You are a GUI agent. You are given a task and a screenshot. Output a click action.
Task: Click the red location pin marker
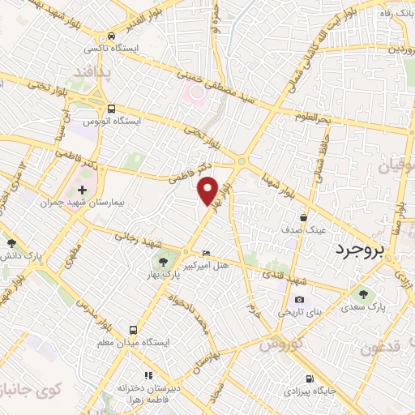[209, 189]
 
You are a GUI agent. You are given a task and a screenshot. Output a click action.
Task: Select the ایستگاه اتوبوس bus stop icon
[111, 108]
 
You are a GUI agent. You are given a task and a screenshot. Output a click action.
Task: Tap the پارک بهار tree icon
[163, 261]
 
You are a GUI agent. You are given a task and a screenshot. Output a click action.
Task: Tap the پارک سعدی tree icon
[362, 294]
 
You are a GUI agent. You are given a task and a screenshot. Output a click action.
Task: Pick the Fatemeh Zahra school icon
[147, 375]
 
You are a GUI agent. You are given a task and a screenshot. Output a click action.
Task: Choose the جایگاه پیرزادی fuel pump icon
[309, 379]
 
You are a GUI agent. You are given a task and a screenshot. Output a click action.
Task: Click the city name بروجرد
[362, 250]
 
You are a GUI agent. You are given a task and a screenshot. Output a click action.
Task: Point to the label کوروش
[283, 343]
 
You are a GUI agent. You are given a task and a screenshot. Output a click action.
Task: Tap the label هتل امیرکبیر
[232, 266]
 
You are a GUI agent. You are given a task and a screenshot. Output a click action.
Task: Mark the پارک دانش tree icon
[11, 242]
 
